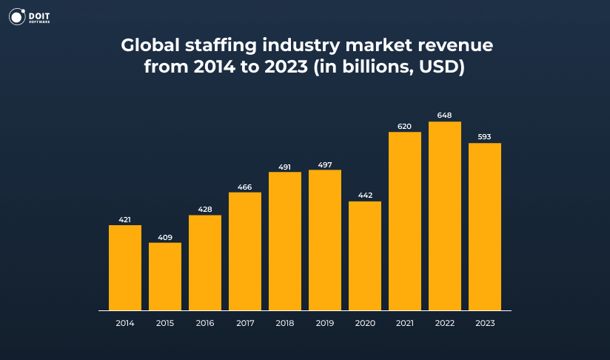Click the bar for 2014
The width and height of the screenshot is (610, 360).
coord(125,267)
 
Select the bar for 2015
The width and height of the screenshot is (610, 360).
coord(165,276)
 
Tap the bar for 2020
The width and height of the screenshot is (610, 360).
coord(365,256)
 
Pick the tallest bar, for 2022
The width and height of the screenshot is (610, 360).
coord(445,216)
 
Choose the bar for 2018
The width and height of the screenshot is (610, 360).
coord(285,241)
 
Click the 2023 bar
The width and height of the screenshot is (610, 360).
coord(485,227)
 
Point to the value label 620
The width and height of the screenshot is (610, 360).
coord(405,127)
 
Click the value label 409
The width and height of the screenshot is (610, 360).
coord(165,237)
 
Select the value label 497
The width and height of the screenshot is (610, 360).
coord(325,164)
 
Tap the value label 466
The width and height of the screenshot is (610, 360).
coord(245,187)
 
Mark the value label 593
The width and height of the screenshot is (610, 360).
coord(485,137)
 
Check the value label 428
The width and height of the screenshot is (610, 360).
coord(205,210)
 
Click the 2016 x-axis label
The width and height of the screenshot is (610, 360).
coord(205,323)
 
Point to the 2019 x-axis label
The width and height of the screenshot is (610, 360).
coord(325,323)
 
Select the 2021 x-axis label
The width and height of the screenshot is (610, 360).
coord(405,323)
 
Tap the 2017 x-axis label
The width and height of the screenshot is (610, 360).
coord(245,323)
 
